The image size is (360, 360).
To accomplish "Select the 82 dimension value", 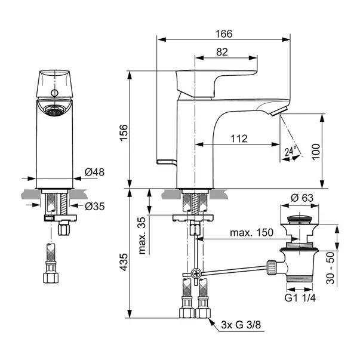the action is pyautogui.click(x=222, y=52).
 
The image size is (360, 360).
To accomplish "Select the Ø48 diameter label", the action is pyautogui.click(x=95, y=172).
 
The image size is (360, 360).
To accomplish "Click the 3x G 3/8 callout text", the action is pyautogui.click(x=239, y=325).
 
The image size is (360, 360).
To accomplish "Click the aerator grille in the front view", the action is pyautogui.click(x=53, y=110).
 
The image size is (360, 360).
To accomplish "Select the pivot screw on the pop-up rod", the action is pyautogui.click(x=196, y=275).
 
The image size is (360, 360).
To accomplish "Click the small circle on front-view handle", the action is pyautogui.click(x=55, y=93).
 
